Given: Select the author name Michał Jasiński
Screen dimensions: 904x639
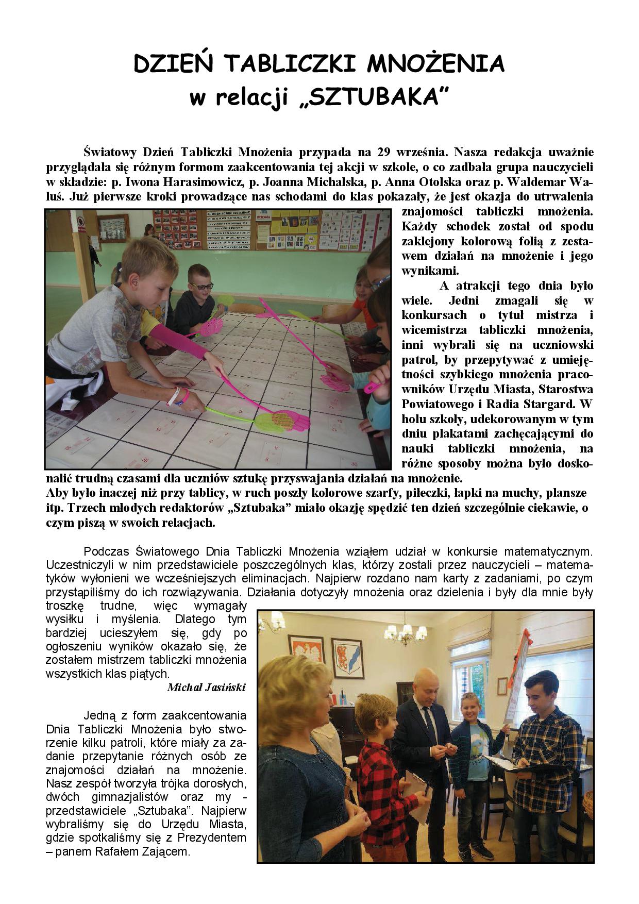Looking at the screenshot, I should point(206,688).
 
